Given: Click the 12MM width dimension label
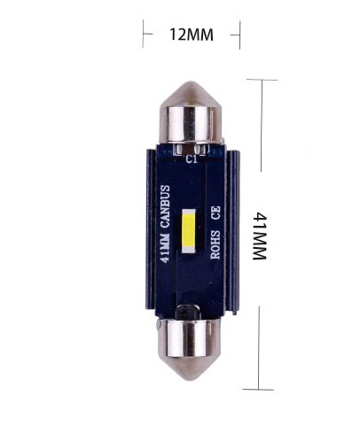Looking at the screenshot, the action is coord(192,35).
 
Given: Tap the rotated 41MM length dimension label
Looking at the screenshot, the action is coord(260,236).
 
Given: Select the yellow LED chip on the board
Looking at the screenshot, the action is coord(189,231).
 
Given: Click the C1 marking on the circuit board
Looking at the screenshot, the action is coord(192,159).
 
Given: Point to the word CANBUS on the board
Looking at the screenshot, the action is coord(165,206).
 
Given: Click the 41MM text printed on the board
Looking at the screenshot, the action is coord(165,247).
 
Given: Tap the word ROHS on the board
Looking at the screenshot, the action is coord(215,244).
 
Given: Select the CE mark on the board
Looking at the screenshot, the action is coord(215,213).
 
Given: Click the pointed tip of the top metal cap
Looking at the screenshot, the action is coord(190,82).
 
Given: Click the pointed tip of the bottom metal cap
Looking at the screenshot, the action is coord(188,379).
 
